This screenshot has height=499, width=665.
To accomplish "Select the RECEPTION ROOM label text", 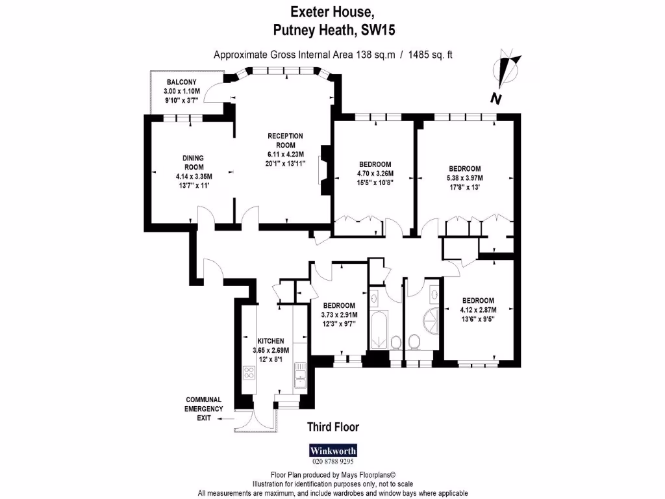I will tap(285, 140).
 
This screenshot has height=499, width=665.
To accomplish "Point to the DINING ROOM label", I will tap(193, 162).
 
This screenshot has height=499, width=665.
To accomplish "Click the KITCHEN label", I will tap(270, 341).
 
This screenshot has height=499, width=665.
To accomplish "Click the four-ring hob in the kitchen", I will tap(248, 373).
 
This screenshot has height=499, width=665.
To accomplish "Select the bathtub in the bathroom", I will tap(378, 329).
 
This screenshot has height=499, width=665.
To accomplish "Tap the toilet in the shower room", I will tap(414, 342).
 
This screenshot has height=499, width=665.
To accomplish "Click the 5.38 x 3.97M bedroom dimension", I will tap(464, 177).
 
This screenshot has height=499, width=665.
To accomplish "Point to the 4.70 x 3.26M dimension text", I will tap(375, 173).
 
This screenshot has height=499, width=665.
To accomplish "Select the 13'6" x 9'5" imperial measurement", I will tap(477, 319).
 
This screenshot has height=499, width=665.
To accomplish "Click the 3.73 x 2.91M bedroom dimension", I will tap(339, 315).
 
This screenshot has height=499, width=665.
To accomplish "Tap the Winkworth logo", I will tap(332, 450).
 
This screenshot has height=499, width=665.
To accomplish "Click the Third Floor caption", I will tap(332, 427).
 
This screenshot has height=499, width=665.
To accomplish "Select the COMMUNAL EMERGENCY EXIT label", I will tap(204, 409).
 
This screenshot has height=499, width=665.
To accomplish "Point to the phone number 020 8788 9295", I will tap(332, 462).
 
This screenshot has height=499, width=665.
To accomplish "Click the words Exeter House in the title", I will tap(332, 11).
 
